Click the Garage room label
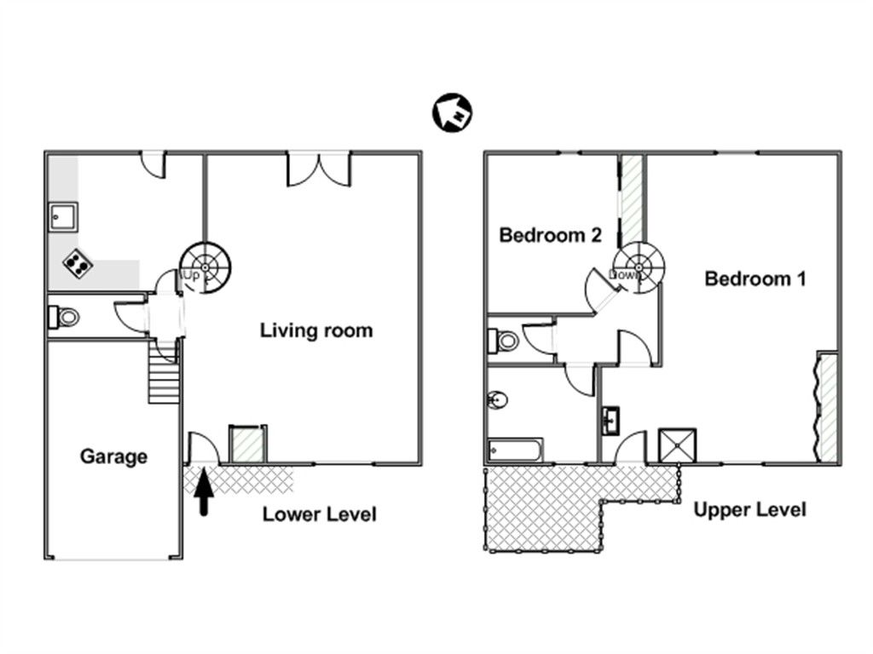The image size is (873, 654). tap(113, 456)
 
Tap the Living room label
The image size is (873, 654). tap(316, 330)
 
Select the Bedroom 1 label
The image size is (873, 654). tap(755, 278)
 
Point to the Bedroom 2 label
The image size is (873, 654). tap(551, 235)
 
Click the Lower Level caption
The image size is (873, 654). tap(320, 514)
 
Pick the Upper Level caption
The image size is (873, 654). tap(750, 509)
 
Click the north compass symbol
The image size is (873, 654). tap(452, 112)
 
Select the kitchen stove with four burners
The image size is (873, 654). tap(78, 263)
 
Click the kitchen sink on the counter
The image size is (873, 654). tap(63, 217)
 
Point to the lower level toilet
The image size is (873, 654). tap(65, 318)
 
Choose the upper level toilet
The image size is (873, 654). tap(504, 341)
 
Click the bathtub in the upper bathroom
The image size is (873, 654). tap(515, 450)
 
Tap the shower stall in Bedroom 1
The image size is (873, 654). tap(677, 445)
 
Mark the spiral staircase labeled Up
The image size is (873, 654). tap(205, 267)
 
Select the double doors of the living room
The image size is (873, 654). tap(319, 169)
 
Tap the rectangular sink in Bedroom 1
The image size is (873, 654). tap(610, 421)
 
